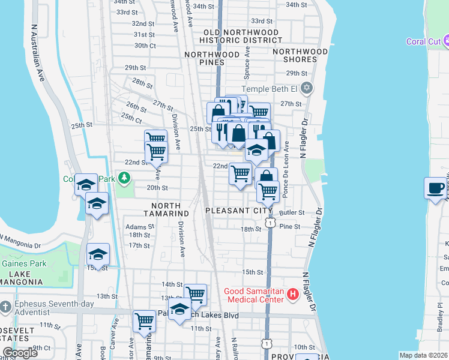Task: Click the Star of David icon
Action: [307, 89]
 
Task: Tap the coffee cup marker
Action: [435, 188]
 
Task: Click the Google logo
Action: [20, 353]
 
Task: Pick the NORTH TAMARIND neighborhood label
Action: [167, 214]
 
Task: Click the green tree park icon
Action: [124, 178]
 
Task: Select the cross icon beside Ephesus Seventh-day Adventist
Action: [4, 307]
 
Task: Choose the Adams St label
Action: [139, 227]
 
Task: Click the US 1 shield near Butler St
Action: [271, 223]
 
